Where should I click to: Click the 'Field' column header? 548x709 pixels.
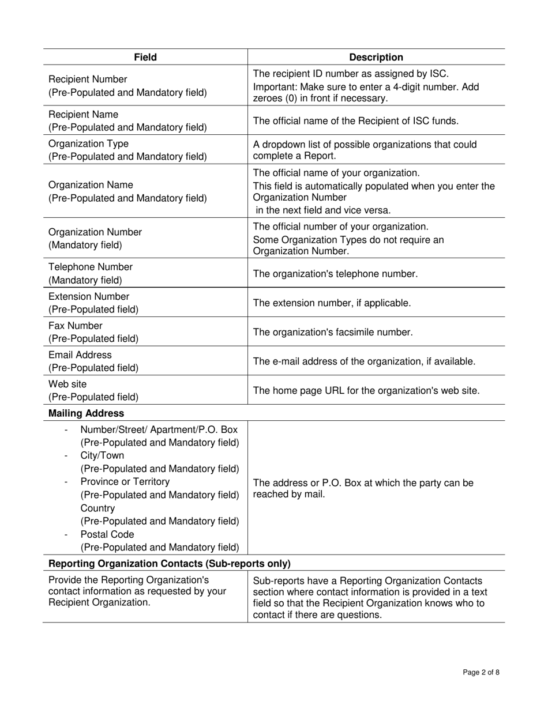[x=145, y=57]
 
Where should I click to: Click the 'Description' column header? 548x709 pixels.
[x=376, y=57]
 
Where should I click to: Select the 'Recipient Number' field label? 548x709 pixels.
[x=88, y=79]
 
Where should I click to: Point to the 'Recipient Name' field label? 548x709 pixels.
[x=83, y=114]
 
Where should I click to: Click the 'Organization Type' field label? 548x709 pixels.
[x=88, y=144]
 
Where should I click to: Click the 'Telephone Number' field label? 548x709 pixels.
[x=90, y=267]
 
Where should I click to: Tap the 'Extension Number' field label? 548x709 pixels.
[x=89, y=296]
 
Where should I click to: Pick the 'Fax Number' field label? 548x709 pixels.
[x=75, y=326]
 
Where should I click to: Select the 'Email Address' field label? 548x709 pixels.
[x=80, y=354]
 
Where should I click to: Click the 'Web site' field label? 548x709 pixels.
[x=67, y=384]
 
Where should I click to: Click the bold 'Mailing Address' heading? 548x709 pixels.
[x=86, y=413]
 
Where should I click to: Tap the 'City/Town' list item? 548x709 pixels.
[x=102, y=455]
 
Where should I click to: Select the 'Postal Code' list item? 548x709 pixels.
[x=107, y=534]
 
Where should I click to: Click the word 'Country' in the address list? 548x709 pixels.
[x=97, y=508]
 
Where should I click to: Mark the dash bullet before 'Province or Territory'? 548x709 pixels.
[x=66, y=482]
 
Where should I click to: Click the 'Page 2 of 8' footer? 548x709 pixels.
[x=481, y=672]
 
